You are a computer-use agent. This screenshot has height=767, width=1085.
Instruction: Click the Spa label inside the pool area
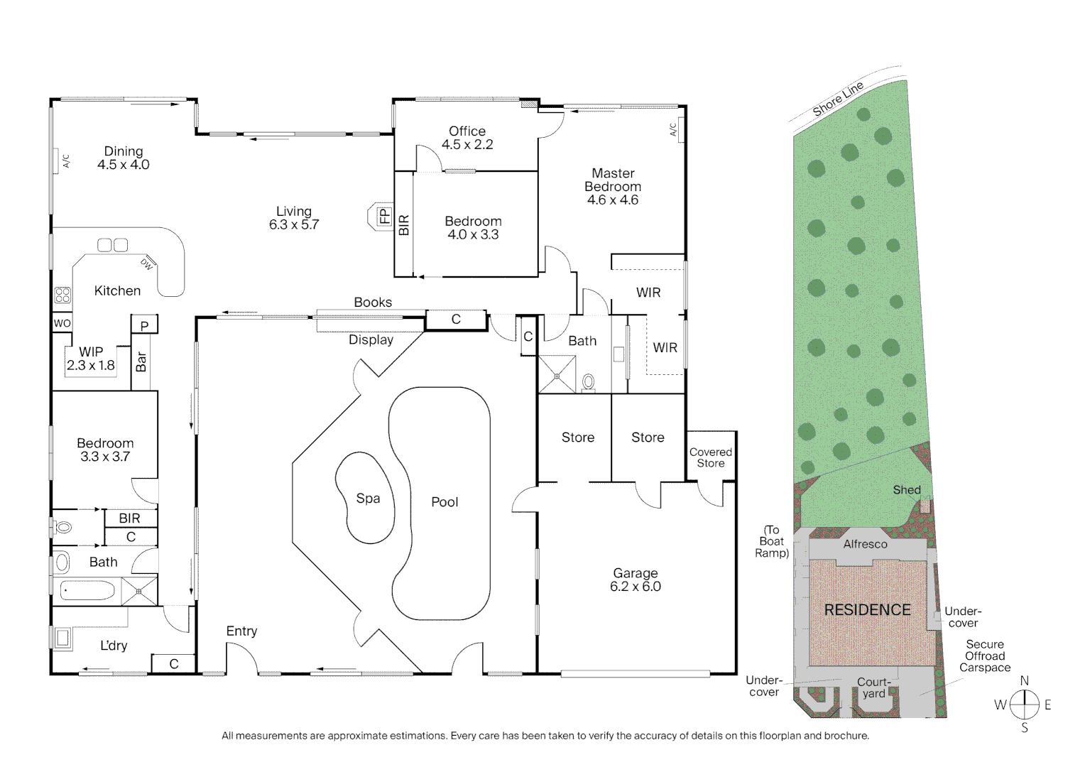click(x=368, y=499)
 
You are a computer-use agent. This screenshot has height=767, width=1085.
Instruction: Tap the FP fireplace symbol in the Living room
click(x=384, y=215)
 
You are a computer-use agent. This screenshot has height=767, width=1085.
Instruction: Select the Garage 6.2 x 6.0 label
click(x=635, y=580)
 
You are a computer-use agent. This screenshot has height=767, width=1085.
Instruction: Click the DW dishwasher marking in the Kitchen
click(x=146, y=263)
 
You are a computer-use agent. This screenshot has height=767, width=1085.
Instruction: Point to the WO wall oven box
click(x=62, y=323)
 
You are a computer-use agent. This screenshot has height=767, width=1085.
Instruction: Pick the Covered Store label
click(x=710, y=457)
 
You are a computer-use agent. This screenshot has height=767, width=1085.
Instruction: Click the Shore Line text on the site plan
click(x=838, y=99)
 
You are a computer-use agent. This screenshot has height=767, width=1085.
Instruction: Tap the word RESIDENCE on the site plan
click(x=867, y=610)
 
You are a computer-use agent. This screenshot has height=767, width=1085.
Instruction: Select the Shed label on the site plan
click(x=907, y=490)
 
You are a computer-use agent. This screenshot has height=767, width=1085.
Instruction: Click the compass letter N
click(x=1024, y=681)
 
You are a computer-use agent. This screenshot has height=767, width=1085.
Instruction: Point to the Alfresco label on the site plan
click(x=865, y=544)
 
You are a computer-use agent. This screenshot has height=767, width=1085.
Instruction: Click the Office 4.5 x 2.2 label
click(x=467, y=138)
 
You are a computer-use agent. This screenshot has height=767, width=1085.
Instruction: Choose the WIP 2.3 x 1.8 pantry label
click(x=91, y=359)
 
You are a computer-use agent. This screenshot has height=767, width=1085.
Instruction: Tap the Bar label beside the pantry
click(x=141, y=361)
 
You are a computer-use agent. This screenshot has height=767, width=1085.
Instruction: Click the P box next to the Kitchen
click(x=144, y=326)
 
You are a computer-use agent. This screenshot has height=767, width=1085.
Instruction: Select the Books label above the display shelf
click(x=373, y=303)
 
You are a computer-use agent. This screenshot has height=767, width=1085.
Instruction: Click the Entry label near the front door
click(x=241, y=631)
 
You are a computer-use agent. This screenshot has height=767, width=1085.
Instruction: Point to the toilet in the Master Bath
click(x=588, y=383)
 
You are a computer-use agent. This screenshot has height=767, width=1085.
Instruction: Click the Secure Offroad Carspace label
click(x=984, y=656)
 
